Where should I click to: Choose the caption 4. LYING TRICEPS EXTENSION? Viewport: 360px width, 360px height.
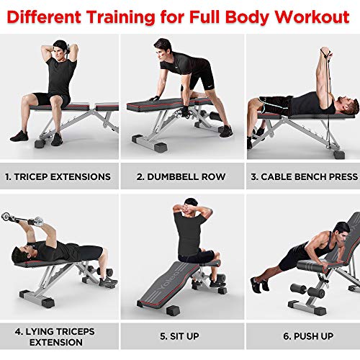pyautogui.click(x=58, y=338)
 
